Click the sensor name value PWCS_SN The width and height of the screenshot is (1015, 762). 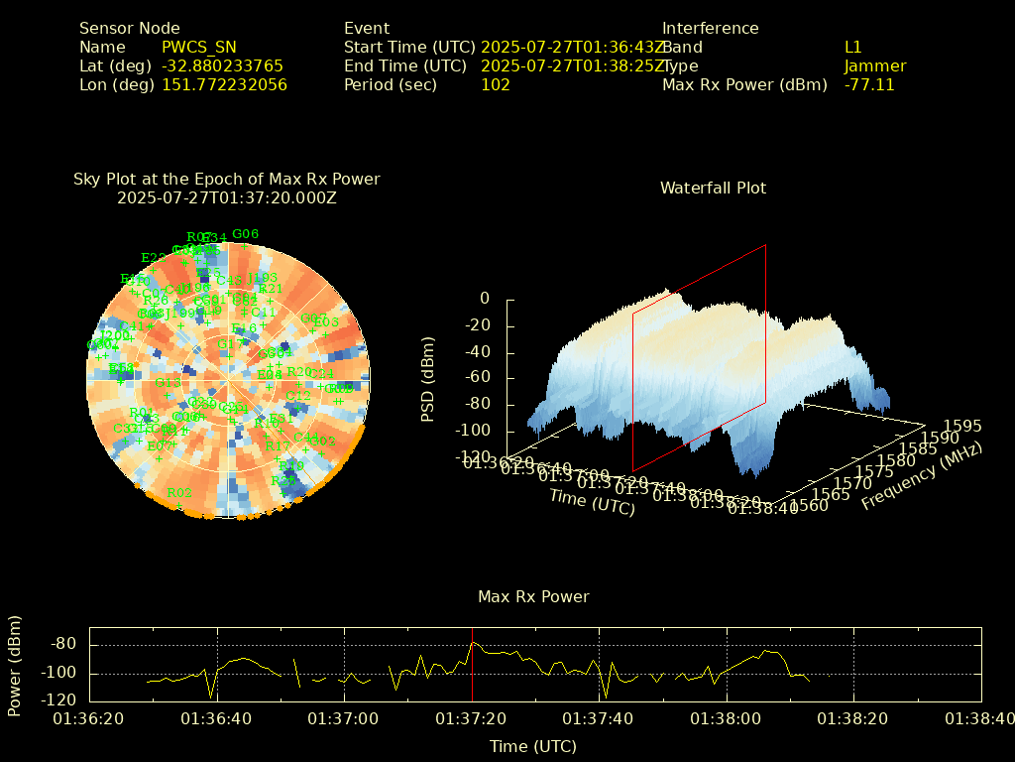pos(199,47)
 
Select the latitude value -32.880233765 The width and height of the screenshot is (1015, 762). pos(222,65)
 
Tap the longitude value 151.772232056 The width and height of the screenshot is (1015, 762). pos(224,84)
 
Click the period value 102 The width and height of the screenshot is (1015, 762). pos(496,84)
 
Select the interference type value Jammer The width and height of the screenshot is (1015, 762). pos(875,65)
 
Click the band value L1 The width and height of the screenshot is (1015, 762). pos(853,47)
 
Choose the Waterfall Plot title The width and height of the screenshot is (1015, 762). pos(713,188)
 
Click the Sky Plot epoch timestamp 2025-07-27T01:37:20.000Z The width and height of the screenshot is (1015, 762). pos(227,197)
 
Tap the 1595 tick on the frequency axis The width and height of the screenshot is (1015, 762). pos(963,426)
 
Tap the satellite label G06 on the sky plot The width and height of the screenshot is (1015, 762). pos(245,234)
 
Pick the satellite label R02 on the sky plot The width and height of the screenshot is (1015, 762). pos(179,493)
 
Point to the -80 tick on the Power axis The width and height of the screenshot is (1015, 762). pos(63,644)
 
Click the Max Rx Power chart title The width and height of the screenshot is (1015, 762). pos(533,596)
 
